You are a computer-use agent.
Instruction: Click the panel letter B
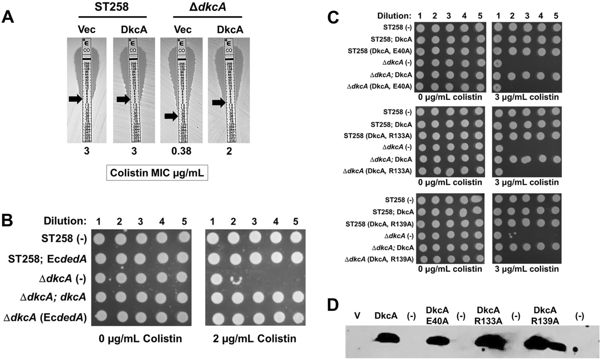[8, 220]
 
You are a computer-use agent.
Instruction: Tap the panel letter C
[333, 17]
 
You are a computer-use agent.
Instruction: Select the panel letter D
[333, 305]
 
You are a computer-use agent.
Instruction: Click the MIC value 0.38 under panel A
[181, 151]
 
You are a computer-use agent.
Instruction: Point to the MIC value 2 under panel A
[229, 151]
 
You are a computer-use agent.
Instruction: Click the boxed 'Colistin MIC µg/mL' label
[157, 173]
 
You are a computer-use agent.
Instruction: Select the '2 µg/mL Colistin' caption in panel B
[255, 339]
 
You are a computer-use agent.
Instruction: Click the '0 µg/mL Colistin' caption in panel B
[140, 339]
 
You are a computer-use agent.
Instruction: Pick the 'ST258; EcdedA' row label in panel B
[47, 259]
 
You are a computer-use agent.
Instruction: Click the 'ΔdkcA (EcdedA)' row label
[45, 318]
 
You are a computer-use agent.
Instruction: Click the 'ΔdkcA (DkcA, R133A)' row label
[377, 171]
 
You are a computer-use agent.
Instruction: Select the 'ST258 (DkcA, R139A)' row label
[379, 224]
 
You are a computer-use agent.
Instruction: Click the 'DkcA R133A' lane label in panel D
[488, 316]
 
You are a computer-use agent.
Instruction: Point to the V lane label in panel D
[357, 316]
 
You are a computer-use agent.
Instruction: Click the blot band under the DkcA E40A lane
[437, 341]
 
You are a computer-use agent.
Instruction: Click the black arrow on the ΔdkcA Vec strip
[171, 116]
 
